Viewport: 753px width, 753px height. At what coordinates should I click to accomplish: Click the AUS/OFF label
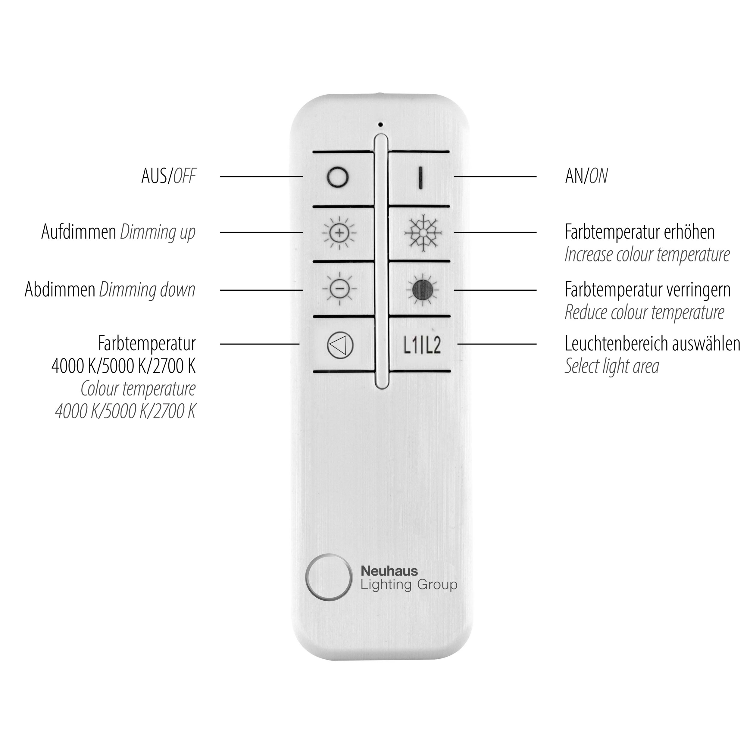click(x=169, y=176)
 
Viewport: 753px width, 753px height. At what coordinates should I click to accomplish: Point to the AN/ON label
click(x=586, y=176)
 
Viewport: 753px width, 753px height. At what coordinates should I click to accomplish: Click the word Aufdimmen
click(x=79, y=232)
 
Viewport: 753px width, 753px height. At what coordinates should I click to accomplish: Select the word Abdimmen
click(x=60, y=289)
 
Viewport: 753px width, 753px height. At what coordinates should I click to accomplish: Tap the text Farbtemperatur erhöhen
click(x=639, y=232)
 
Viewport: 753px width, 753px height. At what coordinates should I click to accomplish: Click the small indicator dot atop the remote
click(x=381, y=125)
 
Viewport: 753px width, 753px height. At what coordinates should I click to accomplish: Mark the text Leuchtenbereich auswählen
click(x=652, y=344)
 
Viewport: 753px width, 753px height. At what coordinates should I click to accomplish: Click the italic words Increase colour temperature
click(x=647, y=255)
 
